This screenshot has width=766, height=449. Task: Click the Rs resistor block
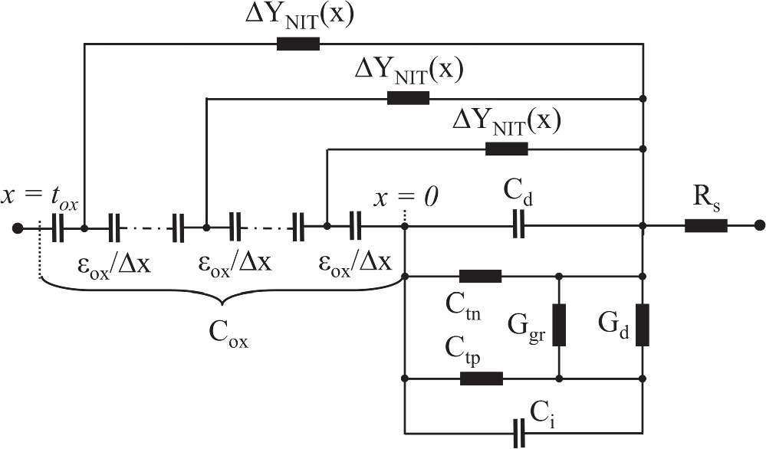coord(705,226)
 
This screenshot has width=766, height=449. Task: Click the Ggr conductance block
coord(560,325)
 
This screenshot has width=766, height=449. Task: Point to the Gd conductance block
coord(643,325)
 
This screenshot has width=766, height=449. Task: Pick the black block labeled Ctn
coord(480,276)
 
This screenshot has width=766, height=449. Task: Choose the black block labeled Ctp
coord(481,378)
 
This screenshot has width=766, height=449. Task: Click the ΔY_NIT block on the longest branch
coord(298,44)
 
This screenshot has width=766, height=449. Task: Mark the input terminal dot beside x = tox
coord(17,227)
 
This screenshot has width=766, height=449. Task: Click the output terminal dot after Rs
coord(759,226)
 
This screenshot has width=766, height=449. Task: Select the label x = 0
coord(406,197)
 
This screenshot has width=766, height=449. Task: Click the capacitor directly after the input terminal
coord(58,227)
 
